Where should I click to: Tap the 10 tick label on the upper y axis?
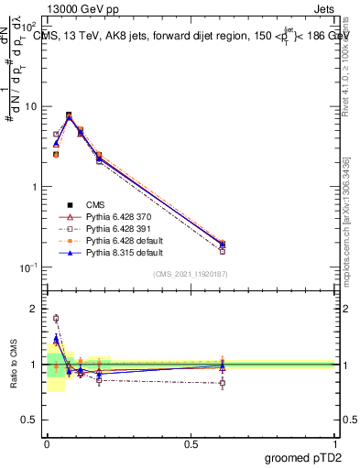[x=30, y=106]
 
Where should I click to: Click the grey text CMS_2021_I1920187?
[x=191, y=274]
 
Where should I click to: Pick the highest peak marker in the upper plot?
[x=69, y=115]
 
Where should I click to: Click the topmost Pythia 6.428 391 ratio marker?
[x=56, y=319]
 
